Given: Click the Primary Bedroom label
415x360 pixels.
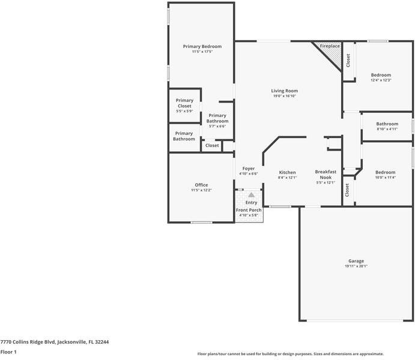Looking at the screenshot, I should tap(202, 46).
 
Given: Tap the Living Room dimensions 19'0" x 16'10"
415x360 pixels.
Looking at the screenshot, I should tap(285, 96).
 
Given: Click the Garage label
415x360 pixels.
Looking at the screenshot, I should tap(356, 261).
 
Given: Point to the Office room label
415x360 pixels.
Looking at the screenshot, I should tap(201, 185).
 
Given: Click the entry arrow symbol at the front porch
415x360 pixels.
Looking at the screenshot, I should tap(251, 195).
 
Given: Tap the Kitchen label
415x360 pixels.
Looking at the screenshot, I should tap(287, 172).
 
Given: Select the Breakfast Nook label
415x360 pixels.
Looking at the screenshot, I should tap(326, 174).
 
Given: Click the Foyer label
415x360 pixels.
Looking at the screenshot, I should tap(249, 169).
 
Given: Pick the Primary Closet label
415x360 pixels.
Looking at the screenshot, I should tap(184, 103).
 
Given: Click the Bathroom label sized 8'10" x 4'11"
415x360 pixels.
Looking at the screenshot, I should tap(387, 124).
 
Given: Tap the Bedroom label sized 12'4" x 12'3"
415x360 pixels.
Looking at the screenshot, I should tap(381, 75).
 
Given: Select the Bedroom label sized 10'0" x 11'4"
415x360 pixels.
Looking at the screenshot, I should tap(385, 172).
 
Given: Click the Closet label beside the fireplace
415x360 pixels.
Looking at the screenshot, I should tap(348, 61).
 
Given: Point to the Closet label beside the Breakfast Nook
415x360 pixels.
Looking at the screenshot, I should tap(348, 190).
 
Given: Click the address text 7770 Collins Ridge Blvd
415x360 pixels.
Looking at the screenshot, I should tap(54, 341).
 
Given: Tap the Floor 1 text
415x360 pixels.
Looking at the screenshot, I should tap(8, 352).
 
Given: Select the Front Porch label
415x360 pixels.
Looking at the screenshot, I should tap(248, 210).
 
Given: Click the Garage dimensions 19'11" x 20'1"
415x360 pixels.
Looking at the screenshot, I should tap(356, 267).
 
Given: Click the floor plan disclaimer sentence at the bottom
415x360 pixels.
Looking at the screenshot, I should tap(291, 354).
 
